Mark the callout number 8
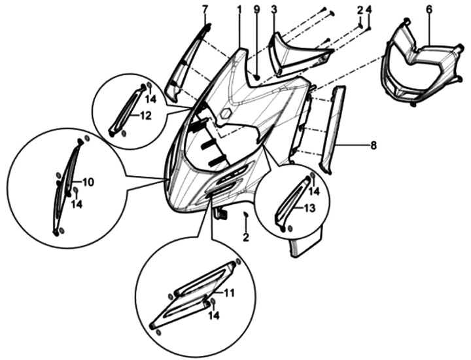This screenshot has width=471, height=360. tap(374, 145)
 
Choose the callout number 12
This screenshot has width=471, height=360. tap(145, 115)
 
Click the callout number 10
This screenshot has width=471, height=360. tap(88, 182)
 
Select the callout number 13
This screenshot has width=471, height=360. tap(309, 207)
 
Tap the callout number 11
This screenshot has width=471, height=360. tap(229, 293)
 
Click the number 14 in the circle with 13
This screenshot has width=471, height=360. tap(315, 191)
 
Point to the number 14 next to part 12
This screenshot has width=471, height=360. tap(151, 99)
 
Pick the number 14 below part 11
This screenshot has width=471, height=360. tap(213, 315)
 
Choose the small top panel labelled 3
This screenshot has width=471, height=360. tap(298, 54)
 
